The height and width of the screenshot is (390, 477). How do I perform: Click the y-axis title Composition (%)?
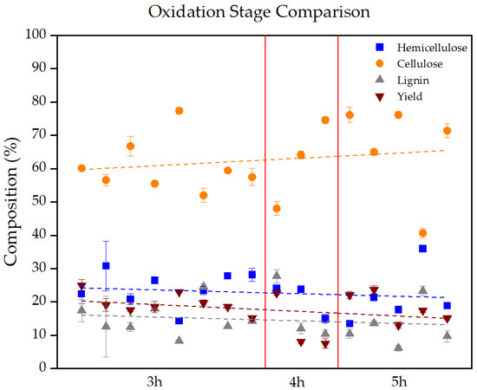[14, 202]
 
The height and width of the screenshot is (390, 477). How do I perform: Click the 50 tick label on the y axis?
[39, 202]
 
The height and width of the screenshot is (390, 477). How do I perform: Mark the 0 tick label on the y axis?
[42, 368]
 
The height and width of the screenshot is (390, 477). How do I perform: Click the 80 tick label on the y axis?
[39, 101]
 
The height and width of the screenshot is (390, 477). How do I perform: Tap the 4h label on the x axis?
[296, 381]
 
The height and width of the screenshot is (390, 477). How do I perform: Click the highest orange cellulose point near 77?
[179, 111]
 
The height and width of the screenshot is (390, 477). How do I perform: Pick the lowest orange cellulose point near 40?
[422, 233]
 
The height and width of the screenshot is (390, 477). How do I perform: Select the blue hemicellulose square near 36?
[422, 249]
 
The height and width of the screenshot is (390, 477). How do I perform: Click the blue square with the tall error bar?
[106, 266]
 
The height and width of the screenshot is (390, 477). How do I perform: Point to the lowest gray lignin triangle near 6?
[398, 348]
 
